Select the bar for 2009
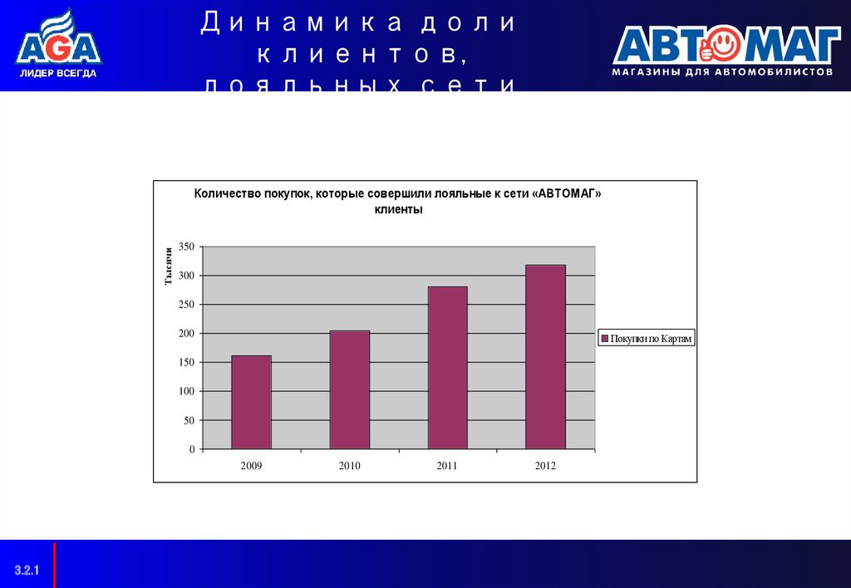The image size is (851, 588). [x=251, y=402]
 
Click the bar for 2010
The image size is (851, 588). [x=349, y=390]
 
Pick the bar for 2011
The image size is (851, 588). [x=447, y=367]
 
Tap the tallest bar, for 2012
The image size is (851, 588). [x=545, y=356]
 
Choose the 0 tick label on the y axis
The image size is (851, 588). [x=191, y=450]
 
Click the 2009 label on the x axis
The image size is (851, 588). [x=251, y=466]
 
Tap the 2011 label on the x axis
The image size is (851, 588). [x=447, y=466]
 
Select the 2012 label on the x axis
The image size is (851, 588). [x=545, y=466]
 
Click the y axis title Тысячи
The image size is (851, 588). [x=168, y=266]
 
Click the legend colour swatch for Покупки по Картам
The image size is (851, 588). [x=604, y=339]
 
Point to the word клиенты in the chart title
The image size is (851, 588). [x=398, y=210]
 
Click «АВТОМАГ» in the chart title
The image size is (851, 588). [x=568, y=194]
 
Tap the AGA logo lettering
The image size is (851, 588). [x=58, y=49]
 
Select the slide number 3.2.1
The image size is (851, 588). [x=27, y=570]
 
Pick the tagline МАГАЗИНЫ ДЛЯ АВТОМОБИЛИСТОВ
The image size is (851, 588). [x=722, y=72]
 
